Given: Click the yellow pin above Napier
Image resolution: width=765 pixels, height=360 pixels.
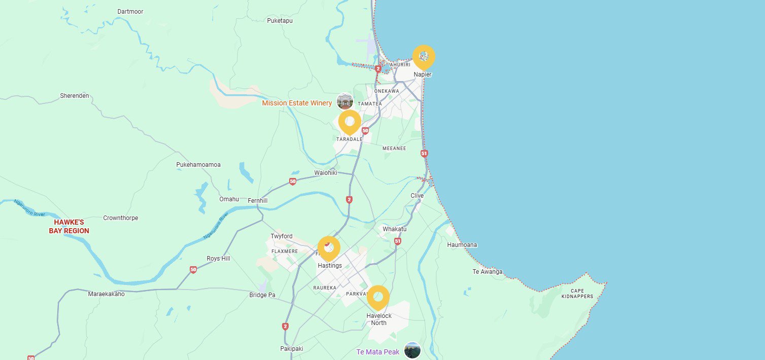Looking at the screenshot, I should [424, 57].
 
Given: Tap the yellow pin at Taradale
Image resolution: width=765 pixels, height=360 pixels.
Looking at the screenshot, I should [349, 122].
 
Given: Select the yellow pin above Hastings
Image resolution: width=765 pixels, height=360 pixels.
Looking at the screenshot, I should [328, 248].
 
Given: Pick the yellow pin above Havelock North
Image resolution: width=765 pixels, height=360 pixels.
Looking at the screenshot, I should [377, 297].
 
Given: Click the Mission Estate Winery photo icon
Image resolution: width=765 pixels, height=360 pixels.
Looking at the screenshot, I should [345, 101].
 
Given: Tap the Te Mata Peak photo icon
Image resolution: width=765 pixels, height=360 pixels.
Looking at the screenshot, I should [412, 350].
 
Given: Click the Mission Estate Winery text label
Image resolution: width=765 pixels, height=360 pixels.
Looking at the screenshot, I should [297, 103].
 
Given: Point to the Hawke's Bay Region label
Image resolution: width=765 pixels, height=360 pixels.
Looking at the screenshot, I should [69, 227].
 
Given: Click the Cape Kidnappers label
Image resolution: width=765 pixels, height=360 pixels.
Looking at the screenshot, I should [577, 294].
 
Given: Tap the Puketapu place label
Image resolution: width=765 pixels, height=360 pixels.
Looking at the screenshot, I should [280, 21].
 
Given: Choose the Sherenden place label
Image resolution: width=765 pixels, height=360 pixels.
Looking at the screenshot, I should [75, 95].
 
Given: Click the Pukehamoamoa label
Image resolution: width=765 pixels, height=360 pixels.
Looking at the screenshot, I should [198, 165].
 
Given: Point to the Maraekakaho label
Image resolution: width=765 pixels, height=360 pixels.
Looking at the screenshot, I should [106, 294].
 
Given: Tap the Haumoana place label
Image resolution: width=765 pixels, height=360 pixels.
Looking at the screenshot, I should [462, 245].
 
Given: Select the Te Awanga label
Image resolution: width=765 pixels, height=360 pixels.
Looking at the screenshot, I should [488, 272].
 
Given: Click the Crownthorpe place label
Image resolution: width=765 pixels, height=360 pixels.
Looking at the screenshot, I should [121, 218].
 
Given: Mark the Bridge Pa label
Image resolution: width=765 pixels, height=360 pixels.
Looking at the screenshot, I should [262, 295].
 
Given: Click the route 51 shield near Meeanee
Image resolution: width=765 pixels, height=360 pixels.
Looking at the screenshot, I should [424, 153].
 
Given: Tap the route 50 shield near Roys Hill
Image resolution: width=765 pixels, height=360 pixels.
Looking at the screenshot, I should [193, 270].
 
